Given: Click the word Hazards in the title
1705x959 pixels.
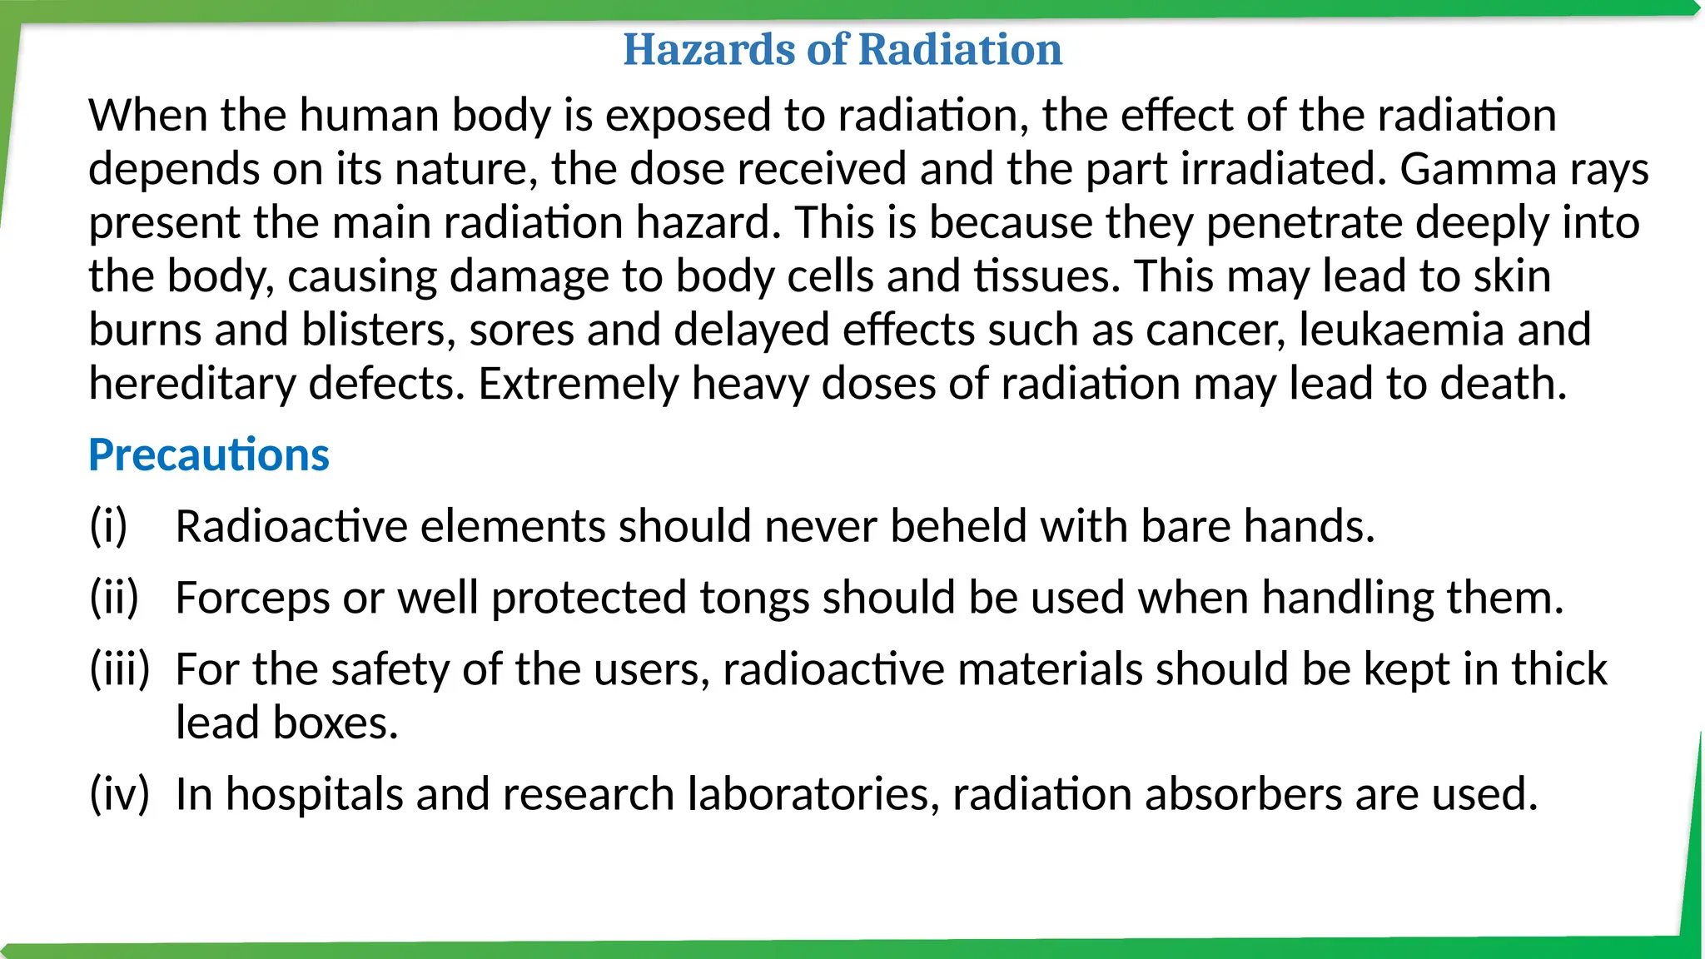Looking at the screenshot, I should point(708,49).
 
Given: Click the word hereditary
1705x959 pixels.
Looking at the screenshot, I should point(192,384).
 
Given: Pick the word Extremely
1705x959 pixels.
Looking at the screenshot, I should point(578,384).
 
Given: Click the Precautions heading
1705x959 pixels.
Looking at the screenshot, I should point(209,455).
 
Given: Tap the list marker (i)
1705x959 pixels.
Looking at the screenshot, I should point(108,526).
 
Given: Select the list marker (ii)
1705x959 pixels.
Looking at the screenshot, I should point(114,598).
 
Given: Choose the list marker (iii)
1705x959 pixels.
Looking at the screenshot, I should point(120,669).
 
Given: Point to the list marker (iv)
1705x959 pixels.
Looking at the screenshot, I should point(119,794).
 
